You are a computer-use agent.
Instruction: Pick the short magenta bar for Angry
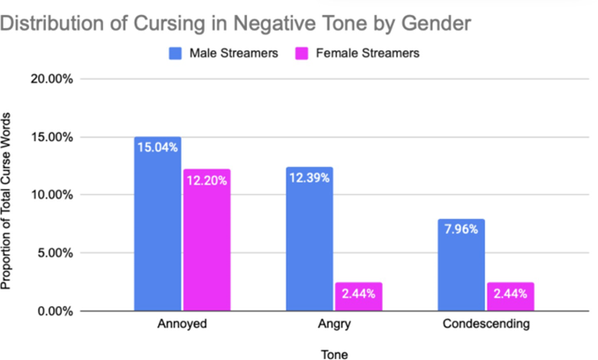[359, 296]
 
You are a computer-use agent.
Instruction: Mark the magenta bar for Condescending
[510, 296]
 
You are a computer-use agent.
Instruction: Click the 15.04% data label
[158, 147]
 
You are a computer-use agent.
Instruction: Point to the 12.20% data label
[207, 180]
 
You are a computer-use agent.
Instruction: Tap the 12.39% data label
[310, 178]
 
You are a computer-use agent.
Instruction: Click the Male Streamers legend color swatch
[176, 53]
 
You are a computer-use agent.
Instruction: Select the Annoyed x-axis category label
[183, 324]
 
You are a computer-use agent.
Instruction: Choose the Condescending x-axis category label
[486, 324]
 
